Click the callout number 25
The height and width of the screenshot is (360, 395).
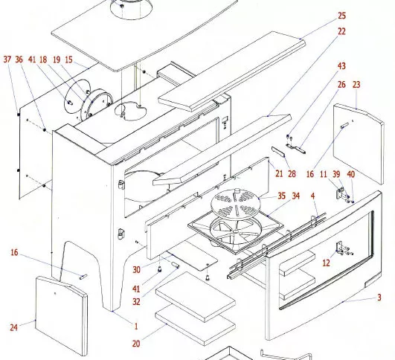(x=341, y=16)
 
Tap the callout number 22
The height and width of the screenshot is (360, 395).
(x=341, y=31)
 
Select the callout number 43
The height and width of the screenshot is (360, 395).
(x=341, y=66)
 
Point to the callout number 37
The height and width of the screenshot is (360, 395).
(x=7, y=60)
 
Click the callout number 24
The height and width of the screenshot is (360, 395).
(x=14, y=327)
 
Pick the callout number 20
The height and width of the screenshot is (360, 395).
(x=136, y=344)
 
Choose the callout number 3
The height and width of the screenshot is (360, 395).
(x=379, y=298)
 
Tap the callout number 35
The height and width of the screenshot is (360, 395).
(x=282, y=196)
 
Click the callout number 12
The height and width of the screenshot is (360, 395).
(x=327, y=263)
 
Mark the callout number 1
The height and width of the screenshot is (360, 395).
(x=136, y=327)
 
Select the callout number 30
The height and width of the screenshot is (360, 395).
(x=136, y=270)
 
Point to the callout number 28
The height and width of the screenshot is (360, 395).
(x=292, y=174)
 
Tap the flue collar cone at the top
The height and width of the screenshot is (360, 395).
(x=131, y=10)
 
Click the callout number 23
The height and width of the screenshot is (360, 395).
(x=356, y=85)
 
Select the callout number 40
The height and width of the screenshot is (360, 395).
(x=351, y=174)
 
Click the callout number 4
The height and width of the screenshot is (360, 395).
(x=313, y=196)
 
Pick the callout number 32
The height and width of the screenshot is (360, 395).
(x=136, y=301)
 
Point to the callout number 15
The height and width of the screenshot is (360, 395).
(x=68, y=60)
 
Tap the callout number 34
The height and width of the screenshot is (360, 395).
(x=296, y=196)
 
